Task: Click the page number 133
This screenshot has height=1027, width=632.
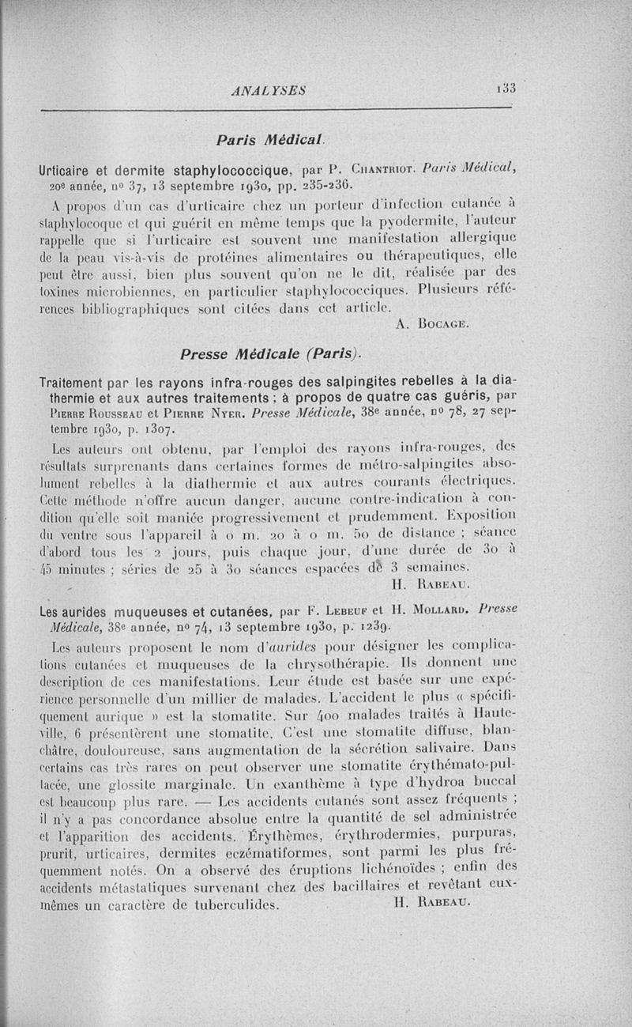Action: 506,89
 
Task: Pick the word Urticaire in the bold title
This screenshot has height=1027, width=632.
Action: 70,168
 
